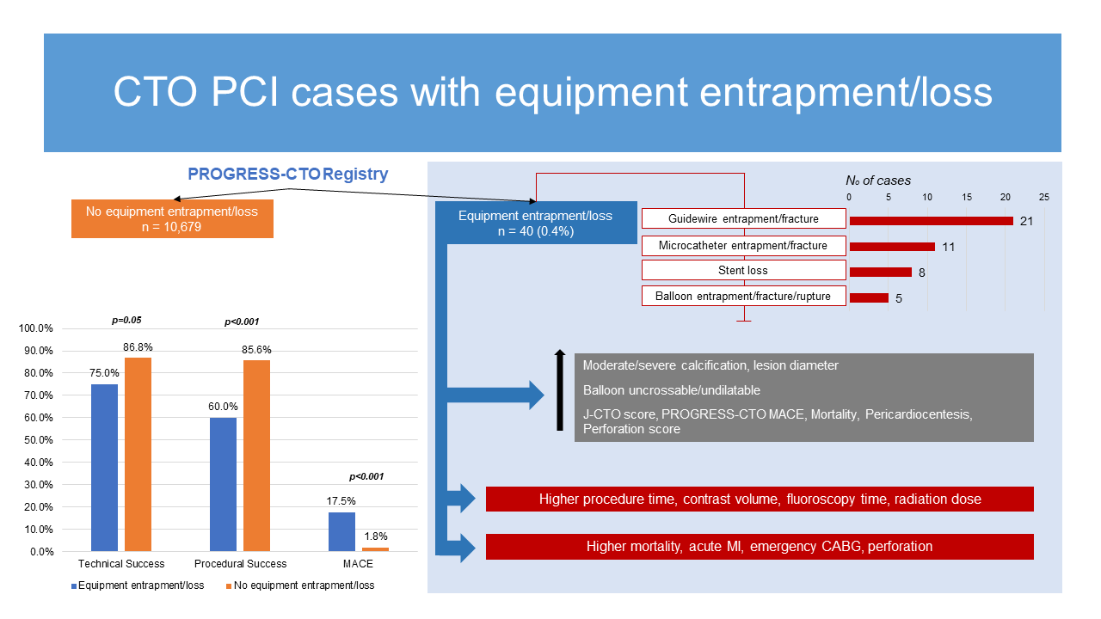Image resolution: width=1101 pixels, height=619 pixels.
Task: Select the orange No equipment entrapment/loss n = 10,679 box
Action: (x=172, y=219)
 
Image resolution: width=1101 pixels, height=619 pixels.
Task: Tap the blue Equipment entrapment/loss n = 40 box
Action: (x=535, y=224)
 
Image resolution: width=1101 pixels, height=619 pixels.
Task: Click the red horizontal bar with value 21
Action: (x=931, y=221)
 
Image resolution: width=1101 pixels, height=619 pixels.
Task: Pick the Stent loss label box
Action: (x=743, y=270)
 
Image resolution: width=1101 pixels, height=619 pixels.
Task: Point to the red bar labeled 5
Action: (x=869, y=298)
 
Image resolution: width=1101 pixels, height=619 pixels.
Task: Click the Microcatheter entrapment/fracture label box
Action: (x=743, y=246)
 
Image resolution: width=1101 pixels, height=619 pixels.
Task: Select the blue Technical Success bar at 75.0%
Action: (x=104, y=467)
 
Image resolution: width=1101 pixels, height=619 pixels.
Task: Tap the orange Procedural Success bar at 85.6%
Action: (x=256, y=455)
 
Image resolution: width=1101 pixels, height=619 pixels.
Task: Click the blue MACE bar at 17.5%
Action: (x=341, y=531)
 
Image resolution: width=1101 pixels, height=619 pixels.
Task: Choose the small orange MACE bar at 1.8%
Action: (x=375, y=549)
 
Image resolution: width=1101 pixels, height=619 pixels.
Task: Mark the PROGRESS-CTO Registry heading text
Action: (x=288, y=175)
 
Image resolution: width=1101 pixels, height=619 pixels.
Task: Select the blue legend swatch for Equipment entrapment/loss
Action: (x=73, y=585)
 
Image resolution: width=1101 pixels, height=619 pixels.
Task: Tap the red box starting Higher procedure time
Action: (x=760, y=499)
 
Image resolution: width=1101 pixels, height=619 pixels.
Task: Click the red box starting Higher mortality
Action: (x=760, y=547)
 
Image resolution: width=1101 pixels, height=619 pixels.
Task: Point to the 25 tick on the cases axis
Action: (x=1044, y=197)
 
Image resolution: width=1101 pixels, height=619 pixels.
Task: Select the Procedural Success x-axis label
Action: (x=240, y=564)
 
